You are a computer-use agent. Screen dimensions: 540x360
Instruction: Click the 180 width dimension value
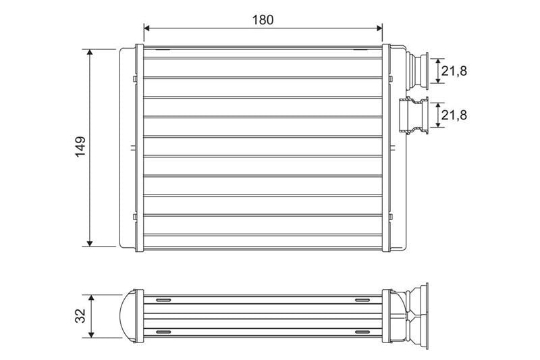pos(263,20)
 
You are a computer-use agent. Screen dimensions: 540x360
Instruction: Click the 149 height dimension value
pos(80,147)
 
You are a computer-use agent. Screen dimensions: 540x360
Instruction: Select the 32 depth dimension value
pos(80,315)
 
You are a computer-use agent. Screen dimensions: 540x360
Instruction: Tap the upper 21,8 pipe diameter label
pos(454,71)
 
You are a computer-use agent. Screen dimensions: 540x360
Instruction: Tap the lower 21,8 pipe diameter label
pos(454,115)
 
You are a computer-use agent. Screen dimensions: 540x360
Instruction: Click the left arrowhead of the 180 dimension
pos(146,28)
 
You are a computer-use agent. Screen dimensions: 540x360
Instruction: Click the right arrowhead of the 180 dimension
pos(379,28)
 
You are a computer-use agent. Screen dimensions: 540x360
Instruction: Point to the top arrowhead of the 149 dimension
pos(90,53)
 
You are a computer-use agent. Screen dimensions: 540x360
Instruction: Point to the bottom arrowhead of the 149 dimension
pos(90,243)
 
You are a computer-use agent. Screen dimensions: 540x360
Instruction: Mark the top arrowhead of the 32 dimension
pos(91,298)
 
